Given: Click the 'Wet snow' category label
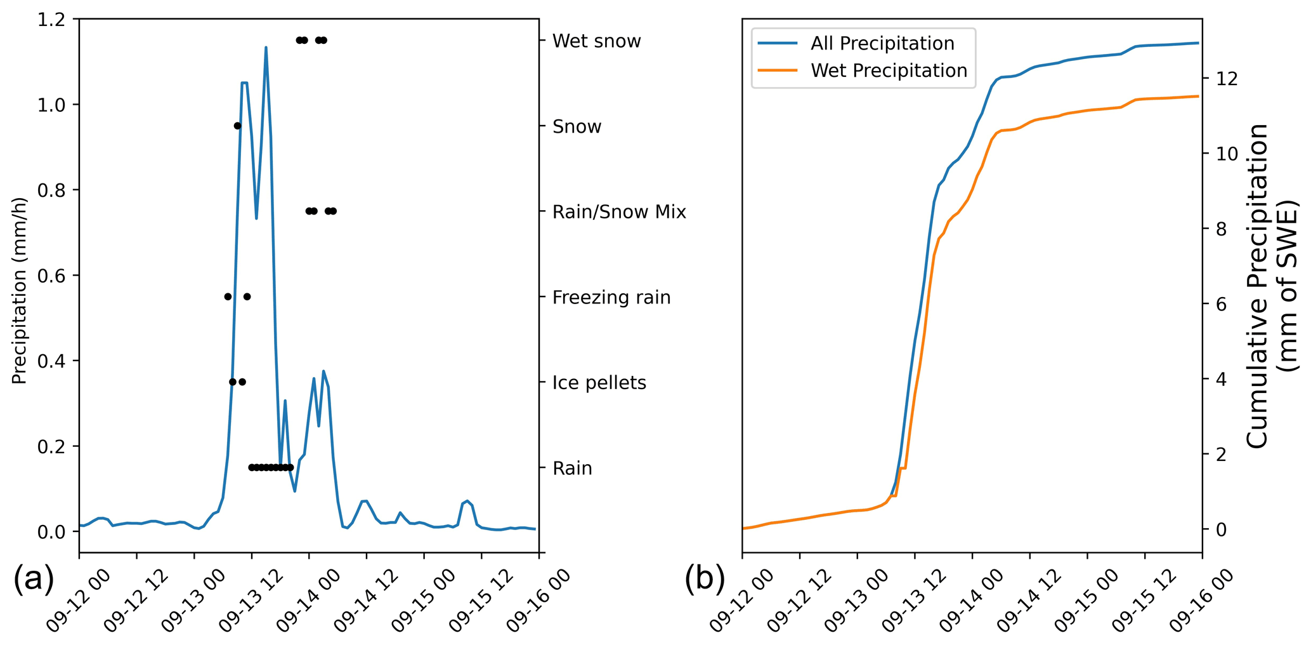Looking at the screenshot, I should point(596,41).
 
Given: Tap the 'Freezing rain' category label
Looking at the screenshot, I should point(611,297).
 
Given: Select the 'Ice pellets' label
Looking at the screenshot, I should point(599,383).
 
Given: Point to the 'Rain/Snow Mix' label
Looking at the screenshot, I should point(619,212).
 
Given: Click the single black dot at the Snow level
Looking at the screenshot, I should point(237,126).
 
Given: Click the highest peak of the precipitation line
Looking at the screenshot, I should point(266,48).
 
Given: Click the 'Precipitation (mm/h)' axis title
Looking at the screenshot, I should point(20,290).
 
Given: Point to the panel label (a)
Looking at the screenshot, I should point(33,579).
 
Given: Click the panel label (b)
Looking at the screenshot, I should point(704,579).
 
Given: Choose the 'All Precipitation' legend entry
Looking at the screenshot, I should point(882,44).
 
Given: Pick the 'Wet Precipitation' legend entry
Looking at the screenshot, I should point(889,70).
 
